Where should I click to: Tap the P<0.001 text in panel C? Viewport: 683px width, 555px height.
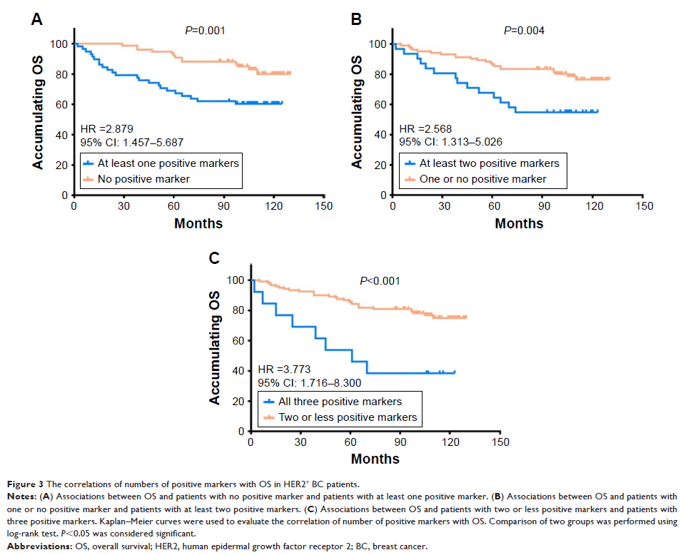pos(380,280)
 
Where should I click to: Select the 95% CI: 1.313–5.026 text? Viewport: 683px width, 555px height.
pos(450,141)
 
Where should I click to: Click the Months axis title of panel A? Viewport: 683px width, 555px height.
pos(198,223)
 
